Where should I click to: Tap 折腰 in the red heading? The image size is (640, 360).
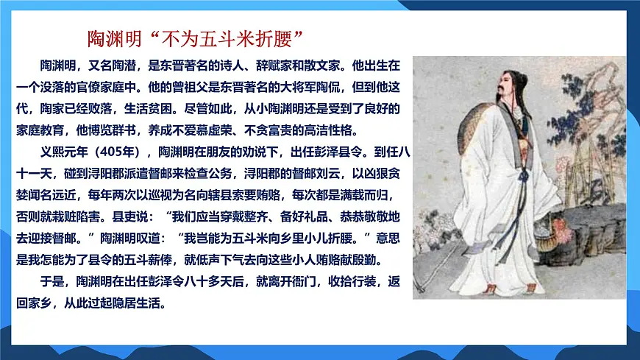tap(279, 37)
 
